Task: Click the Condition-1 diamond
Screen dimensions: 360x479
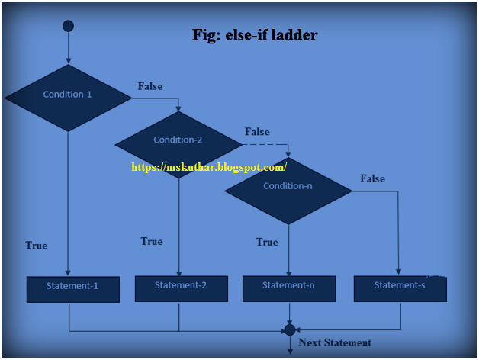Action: click(68, 95)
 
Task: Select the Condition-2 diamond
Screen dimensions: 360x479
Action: click(178, 140)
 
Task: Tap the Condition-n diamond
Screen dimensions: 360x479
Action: click(288, 186)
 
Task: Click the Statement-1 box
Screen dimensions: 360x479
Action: click(72, 288)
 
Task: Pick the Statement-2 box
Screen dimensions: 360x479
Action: click(181, 287)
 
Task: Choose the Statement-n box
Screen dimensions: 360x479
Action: click(288, 287)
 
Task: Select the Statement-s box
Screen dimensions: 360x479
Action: click(400, 287)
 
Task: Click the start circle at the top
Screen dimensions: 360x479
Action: click(68, 26)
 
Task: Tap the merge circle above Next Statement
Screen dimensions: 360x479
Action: click(289, 329)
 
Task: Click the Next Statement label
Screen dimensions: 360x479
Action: click(335, 343)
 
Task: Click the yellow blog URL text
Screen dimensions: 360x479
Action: click(209, 167)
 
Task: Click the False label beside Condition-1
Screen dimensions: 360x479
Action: click(150, 86)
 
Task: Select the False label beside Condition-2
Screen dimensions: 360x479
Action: click(257, 132)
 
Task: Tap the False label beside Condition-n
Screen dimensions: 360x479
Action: click(372, 178)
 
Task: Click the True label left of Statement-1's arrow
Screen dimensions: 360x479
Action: click(36, 246)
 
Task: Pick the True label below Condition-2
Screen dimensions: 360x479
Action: click(151, 241)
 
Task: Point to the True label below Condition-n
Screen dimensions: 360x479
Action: click(267, 242)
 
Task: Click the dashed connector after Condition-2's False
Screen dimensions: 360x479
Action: click(265, 144)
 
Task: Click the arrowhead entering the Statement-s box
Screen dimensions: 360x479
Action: click(398, 271)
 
